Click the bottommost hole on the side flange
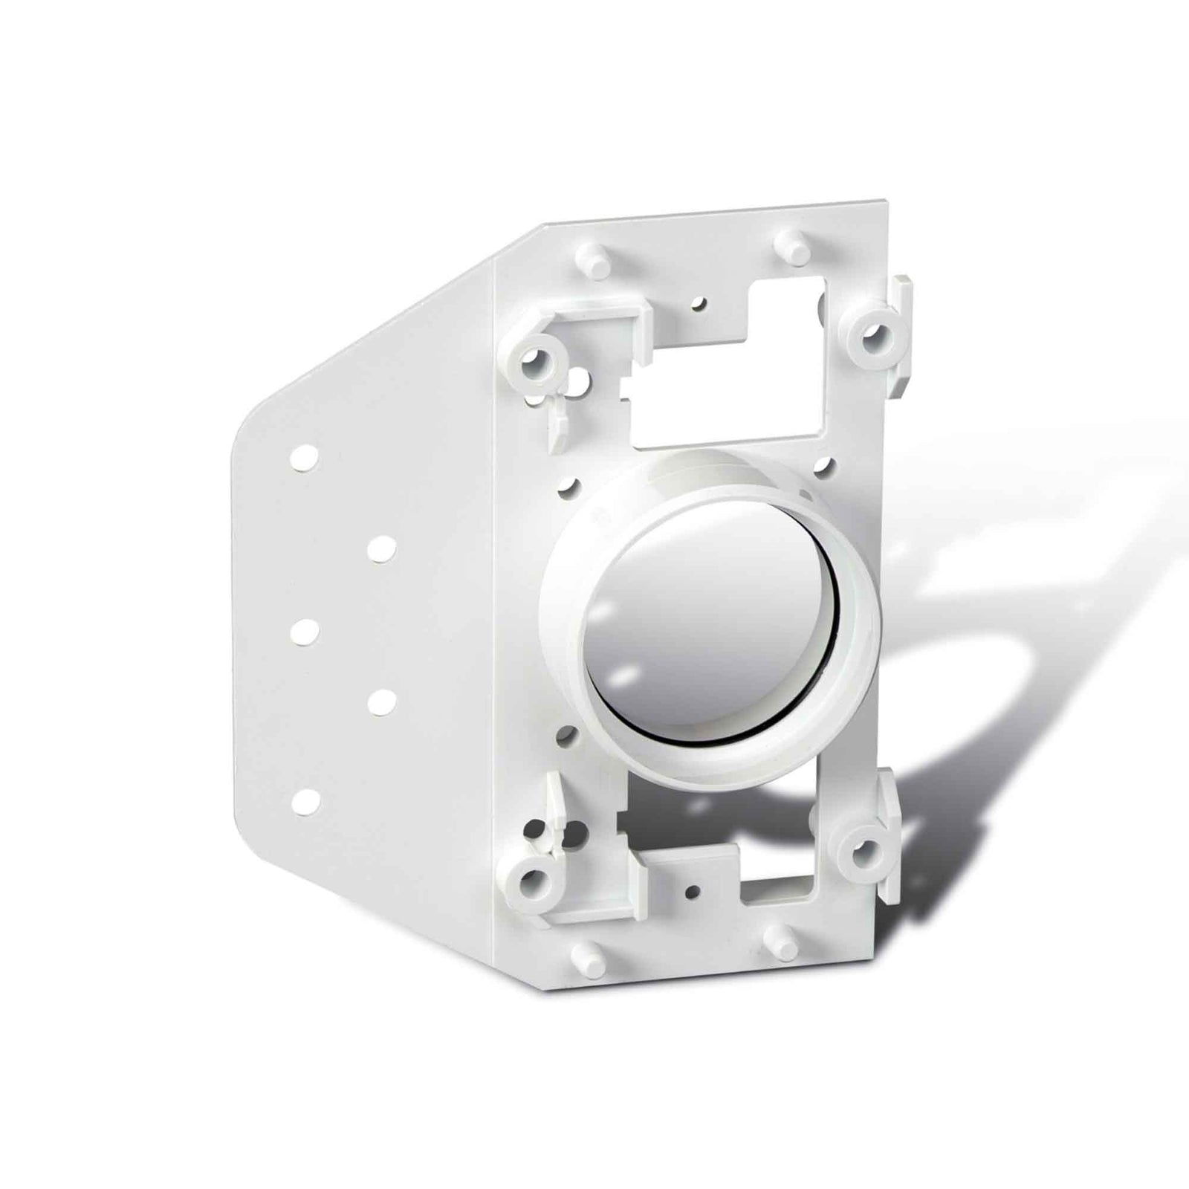305,801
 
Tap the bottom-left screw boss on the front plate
531,883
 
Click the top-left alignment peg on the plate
587,260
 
